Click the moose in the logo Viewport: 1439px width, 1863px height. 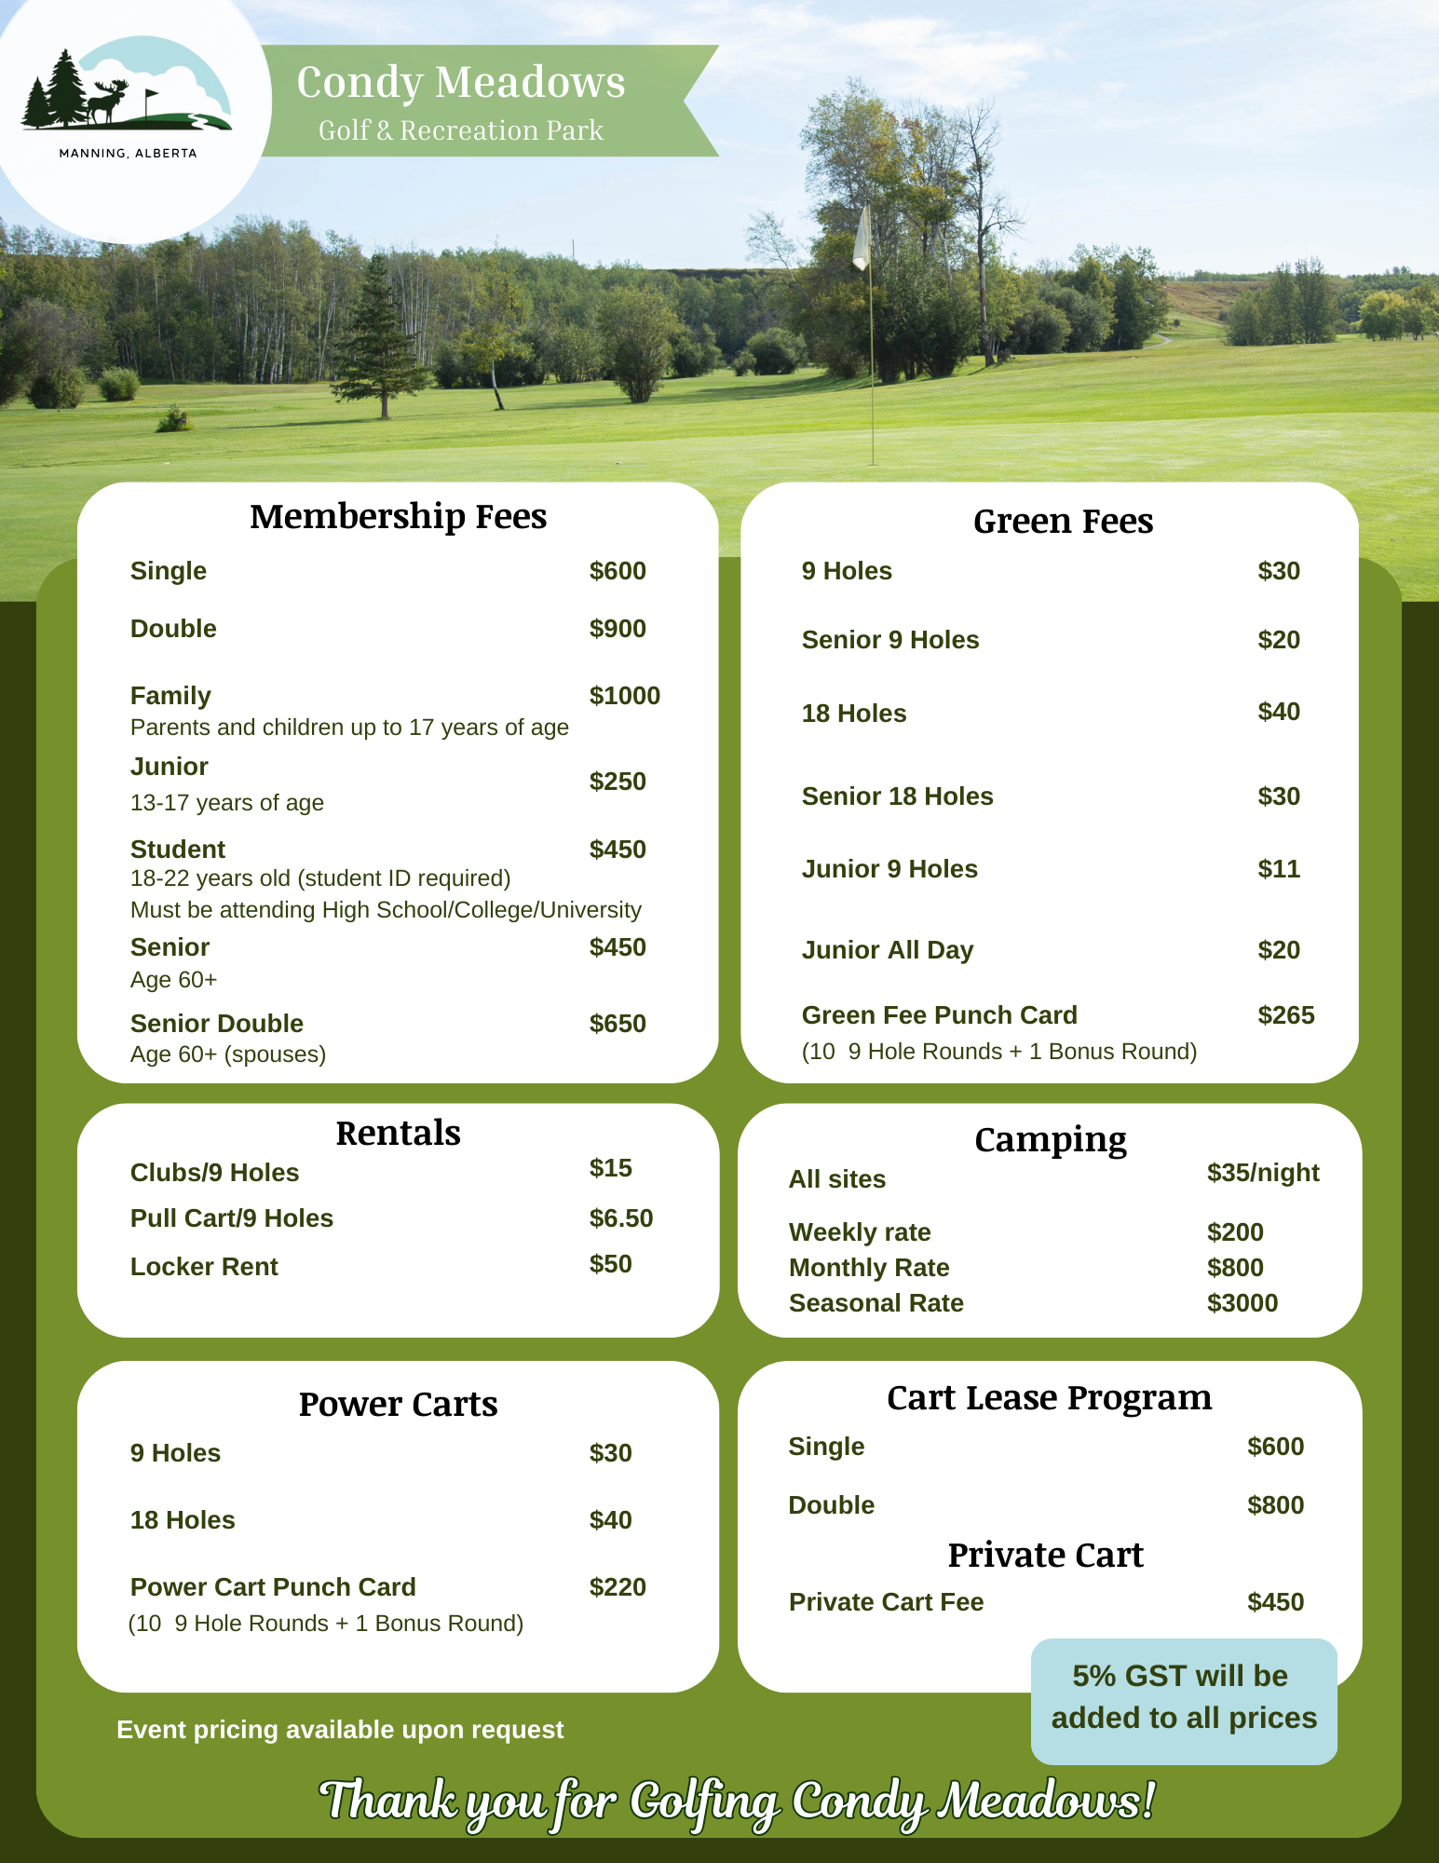click(x=106, y=101)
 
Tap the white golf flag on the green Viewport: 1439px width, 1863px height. click(x=862, y=238)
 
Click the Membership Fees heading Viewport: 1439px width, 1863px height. click(x=398, y=516)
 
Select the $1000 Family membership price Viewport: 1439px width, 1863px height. click(x=624, y=696)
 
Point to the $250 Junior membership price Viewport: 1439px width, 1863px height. click(x=617, y=782)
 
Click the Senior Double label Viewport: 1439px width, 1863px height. click(x=216, y=1024)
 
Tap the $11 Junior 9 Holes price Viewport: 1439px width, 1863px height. click(x=1278, y=869)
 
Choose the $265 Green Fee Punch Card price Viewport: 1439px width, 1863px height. click(x=1285, y=1015)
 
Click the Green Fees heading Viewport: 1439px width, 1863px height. click(x=1063, y=522)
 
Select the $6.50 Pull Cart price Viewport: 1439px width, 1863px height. click(x=620, y=1218)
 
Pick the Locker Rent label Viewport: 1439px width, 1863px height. click(x=204, y=1267)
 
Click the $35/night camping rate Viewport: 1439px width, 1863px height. click(x=1262, y=1173)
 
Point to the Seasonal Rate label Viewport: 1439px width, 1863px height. click(x=876, y=1303)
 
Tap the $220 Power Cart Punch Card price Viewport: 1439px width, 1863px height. click(x=617, y=1587)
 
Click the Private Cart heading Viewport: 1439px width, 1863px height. click(x=1045, y=1556)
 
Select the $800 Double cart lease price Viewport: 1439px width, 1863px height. click(x=1275, y=1505)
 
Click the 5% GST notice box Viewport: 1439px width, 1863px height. click(x=1184, y=1700)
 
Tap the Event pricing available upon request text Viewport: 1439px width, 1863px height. click(x=340, y=1730)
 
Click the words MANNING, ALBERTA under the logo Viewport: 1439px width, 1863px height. click(x=128, y=154)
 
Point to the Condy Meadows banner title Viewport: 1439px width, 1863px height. click(x=461, y=82)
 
